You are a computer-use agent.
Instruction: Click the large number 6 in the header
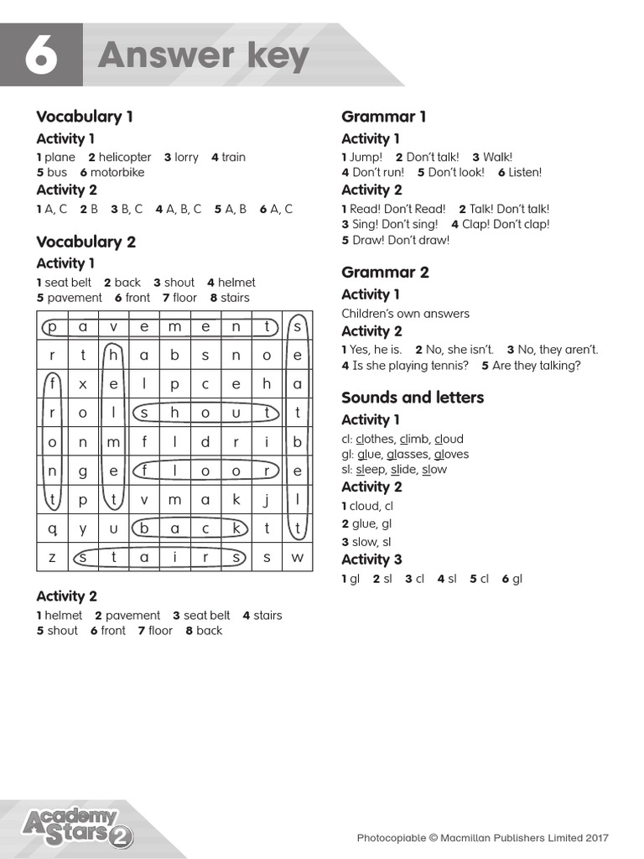(41, 55)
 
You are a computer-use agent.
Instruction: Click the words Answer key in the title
(204, 55)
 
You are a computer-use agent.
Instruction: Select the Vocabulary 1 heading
(85, 117)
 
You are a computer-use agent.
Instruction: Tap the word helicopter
(125, 157)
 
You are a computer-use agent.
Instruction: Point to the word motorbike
(117, 172)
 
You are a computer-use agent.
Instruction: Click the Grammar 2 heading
(385, 272)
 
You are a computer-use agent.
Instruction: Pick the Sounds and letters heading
(413, 397)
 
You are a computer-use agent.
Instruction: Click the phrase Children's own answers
(405, 314)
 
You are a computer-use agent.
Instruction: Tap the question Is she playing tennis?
(410, 366)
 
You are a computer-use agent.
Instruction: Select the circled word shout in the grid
(205, 413)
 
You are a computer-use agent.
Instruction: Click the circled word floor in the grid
(205, 471)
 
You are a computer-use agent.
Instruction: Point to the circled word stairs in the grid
(158, 557)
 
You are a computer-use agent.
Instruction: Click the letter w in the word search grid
(297, 557)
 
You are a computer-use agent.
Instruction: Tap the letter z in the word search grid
(52, 557)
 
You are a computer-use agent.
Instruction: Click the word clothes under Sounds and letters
(376, 439)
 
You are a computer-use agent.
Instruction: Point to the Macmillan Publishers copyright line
(482, 837)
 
